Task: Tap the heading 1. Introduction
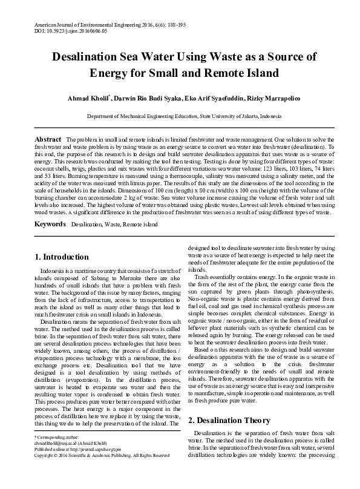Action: point(62,257)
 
